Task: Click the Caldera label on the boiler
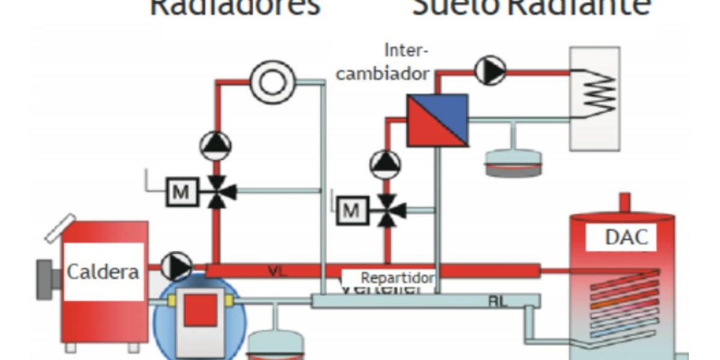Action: [103, 272]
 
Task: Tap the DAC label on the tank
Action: [626, 237]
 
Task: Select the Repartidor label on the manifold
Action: [397, 278]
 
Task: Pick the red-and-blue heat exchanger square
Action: [437, 120]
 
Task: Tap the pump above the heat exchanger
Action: [491, 71]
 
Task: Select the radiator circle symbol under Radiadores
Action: [273, 82]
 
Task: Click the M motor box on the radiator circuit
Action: [180, 192]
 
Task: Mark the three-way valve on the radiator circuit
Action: [216, 192]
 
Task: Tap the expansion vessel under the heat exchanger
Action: [513, 161]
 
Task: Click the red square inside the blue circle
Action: [200, 311]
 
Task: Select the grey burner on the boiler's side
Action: [47, 279]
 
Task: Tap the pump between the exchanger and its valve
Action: [386, 164]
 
